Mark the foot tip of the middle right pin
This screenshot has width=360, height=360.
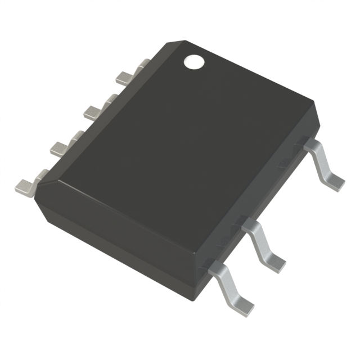click(275, 262)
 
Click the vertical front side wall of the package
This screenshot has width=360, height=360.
click(112, 247)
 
